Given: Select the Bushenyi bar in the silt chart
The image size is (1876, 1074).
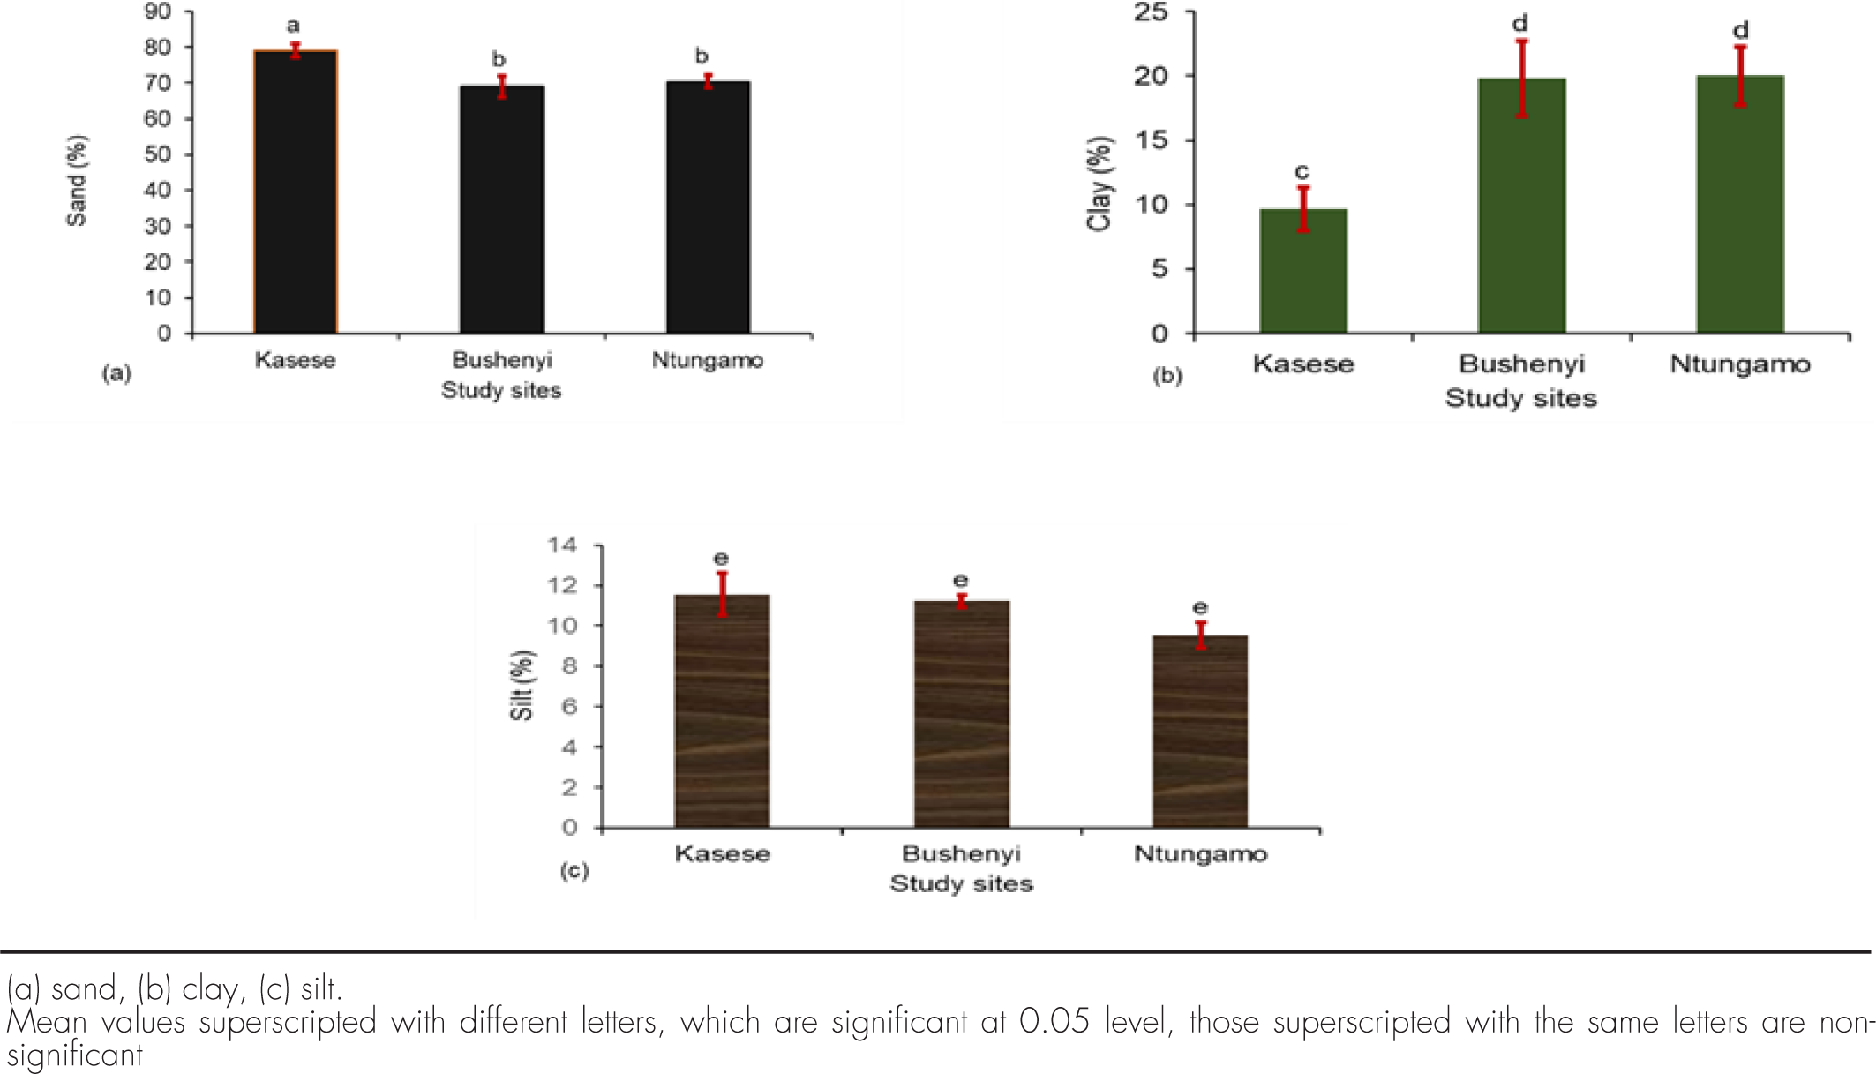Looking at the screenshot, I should (x=961, y=714).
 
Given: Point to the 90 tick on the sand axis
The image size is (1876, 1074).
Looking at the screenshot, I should (x=158, y=11).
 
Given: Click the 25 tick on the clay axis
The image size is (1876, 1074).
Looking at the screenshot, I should (x=1152, y=12).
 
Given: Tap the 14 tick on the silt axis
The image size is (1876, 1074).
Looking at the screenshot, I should (x=562, y=545).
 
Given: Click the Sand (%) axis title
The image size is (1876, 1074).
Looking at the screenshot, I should (x=78, y=181).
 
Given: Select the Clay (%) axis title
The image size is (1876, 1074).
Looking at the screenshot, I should (x=1099, y=184).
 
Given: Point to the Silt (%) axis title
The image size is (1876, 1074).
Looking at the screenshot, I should (x=522, y=686).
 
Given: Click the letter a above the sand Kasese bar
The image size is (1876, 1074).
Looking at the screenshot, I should (x=293, y=26).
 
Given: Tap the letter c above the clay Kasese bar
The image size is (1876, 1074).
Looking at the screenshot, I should (x=1302, y=172).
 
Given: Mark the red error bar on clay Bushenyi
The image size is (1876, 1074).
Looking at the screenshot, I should (x=1522, y=79).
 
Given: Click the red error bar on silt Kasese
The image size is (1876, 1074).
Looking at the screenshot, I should (x=722, y=594).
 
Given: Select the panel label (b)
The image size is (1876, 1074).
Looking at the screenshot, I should (x=1167, y=376).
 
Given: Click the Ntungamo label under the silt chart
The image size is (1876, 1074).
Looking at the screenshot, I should (x=1200, y=854).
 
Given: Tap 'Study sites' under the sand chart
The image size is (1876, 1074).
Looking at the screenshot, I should (x=501, y=390).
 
